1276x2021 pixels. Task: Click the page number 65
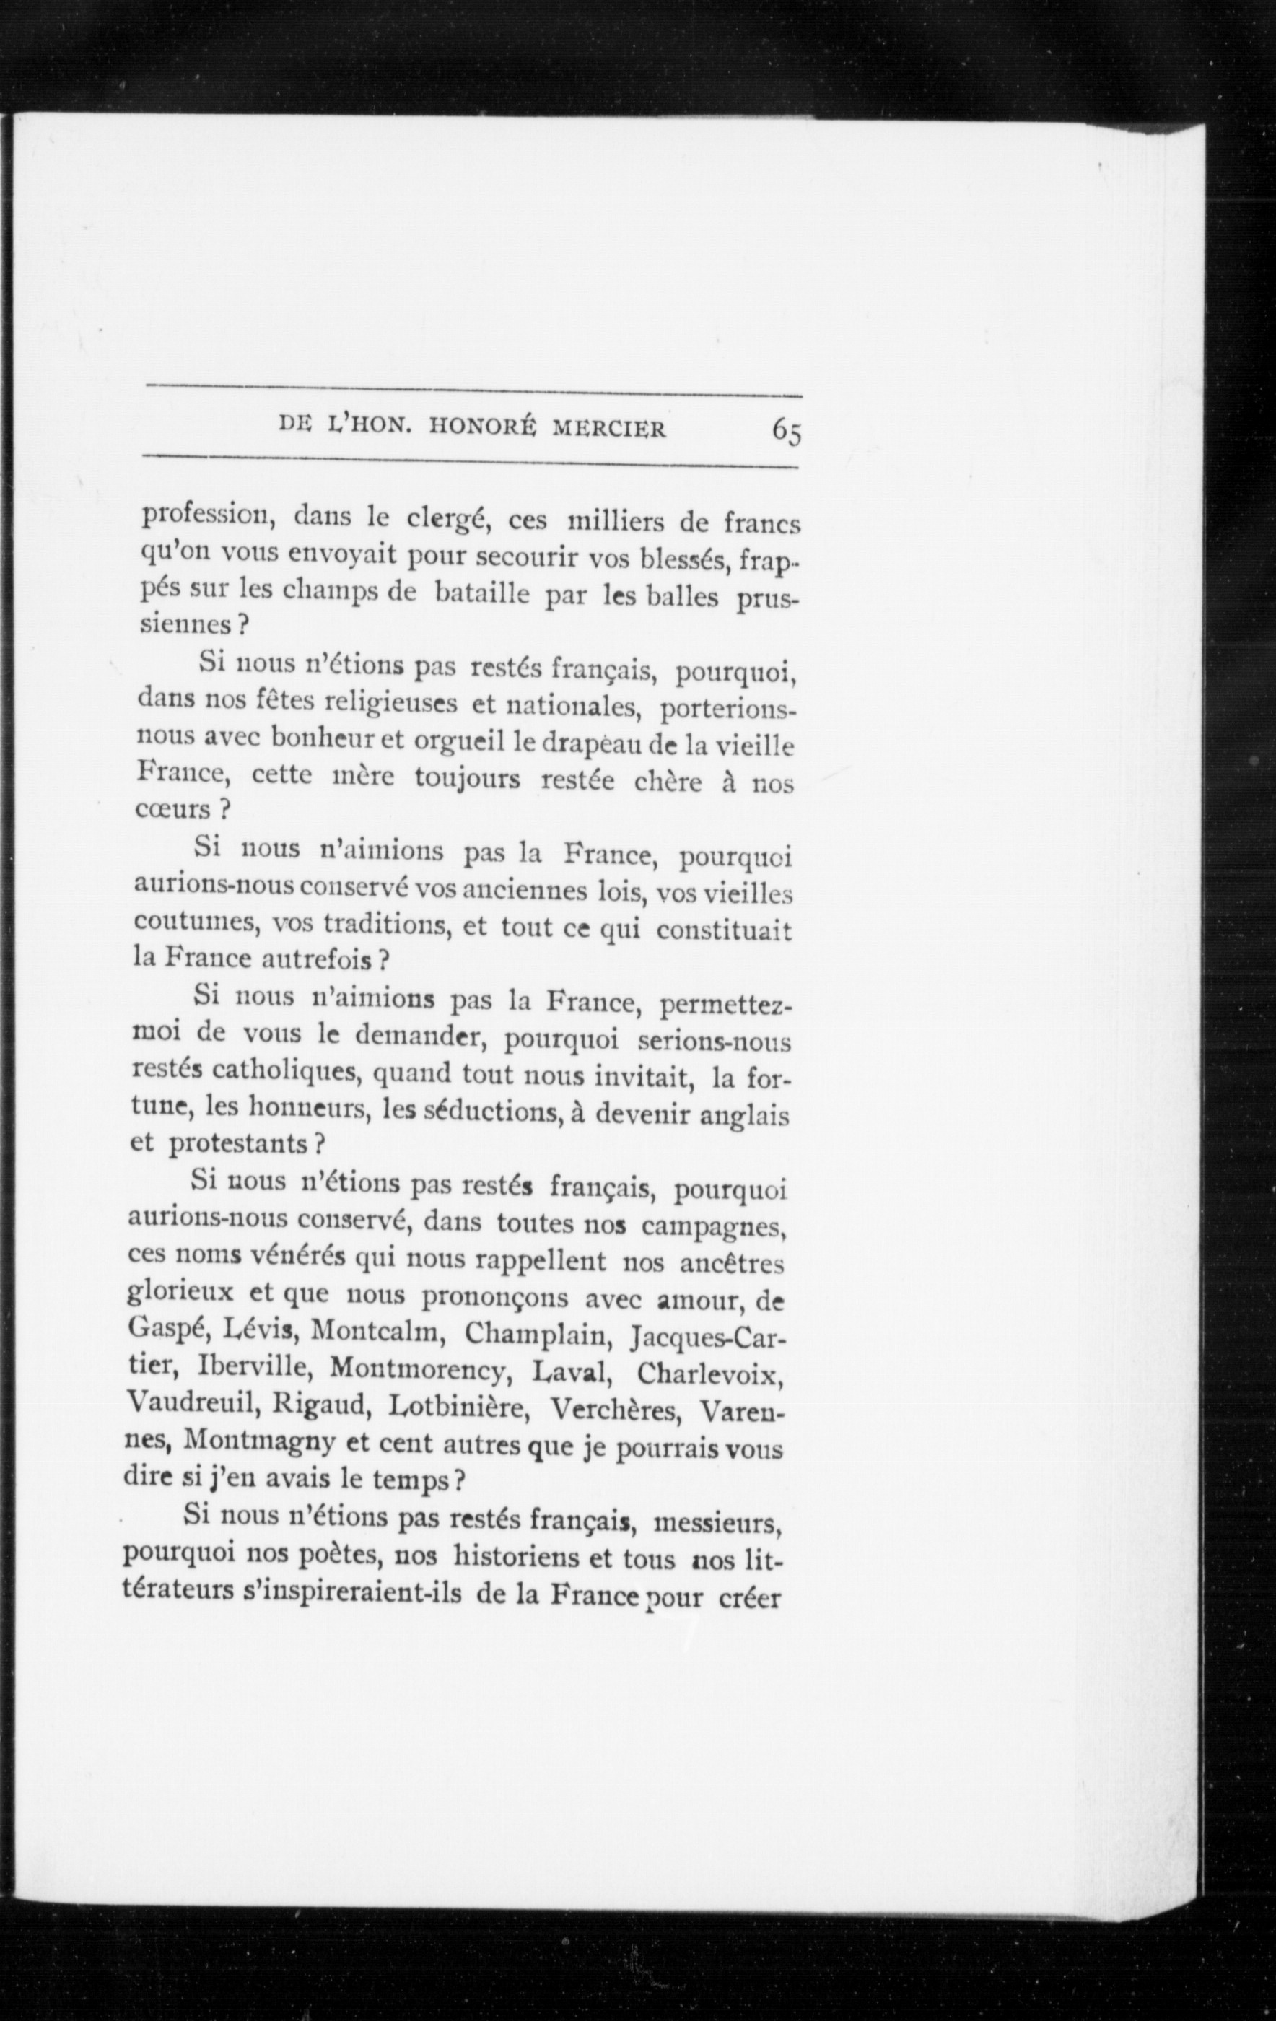click(787, 432)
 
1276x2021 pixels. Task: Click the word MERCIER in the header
click(608, 429)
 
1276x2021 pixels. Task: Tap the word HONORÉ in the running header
click(482, 428)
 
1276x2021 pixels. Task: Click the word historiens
click(522, 1559)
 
